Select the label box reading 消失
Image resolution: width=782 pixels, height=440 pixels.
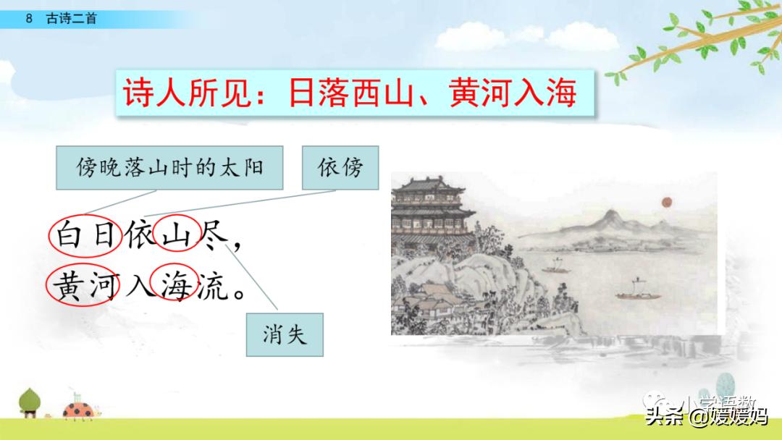[x=285, y=334]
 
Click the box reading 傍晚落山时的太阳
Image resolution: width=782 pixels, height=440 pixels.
[x=169, y=169]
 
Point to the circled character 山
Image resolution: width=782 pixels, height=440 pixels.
[x=175, y=236]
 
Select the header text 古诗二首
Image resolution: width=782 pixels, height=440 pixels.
[x=71, y=19]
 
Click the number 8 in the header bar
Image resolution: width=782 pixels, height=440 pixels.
[x=29, y=19]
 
